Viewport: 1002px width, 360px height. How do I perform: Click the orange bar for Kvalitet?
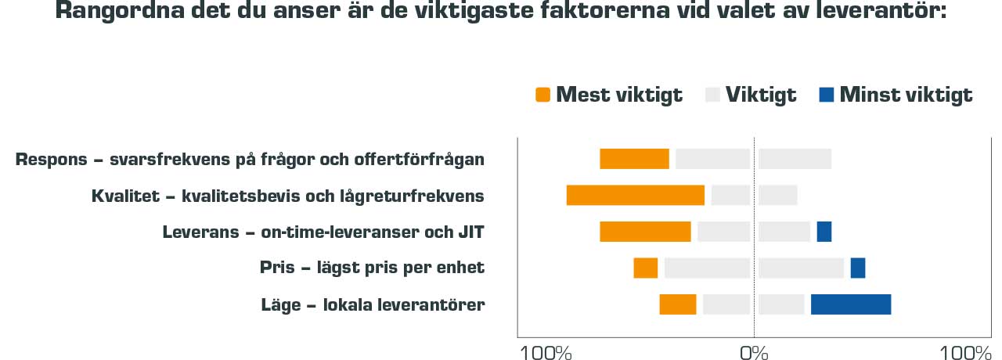[635, 196]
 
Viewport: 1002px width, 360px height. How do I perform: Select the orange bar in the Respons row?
[634, 159]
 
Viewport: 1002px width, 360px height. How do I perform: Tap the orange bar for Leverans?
[645, 232]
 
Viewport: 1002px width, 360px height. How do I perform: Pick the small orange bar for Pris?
[646, 268]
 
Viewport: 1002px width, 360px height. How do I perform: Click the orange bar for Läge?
[677, 304]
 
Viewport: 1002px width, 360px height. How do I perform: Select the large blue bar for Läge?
[850, 304]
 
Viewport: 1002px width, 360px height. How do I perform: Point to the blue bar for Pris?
[857, 268]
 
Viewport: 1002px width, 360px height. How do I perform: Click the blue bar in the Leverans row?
[824, 232]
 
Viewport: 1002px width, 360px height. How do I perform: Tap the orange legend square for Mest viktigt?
[542, 95]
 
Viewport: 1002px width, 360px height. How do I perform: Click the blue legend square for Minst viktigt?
[826, 95]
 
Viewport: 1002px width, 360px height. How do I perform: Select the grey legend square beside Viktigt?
[712, 95]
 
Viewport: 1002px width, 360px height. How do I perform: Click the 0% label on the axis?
[754, 352]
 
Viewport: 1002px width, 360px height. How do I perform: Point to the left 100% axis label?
[546, 352]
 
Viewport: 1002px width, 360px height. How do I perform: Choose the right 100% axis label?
[966, 352]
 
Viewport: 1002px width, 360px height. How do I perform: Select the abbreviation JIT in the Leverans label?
[470, 232]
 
